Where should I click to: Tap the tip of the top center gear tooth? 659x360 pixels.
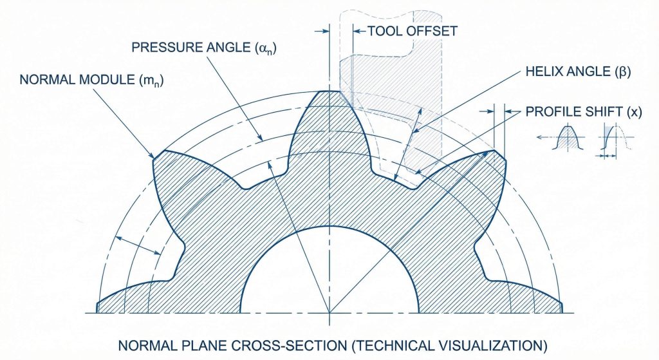(x=329, y=91)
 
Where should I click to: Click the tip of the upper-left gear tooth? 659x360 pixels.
(x=155, y=156)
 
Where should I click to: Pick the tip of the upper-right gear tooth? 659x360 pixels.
(x=496, y=153)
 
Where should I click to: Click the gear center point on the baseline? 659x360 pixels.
(x=329, y=312)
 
